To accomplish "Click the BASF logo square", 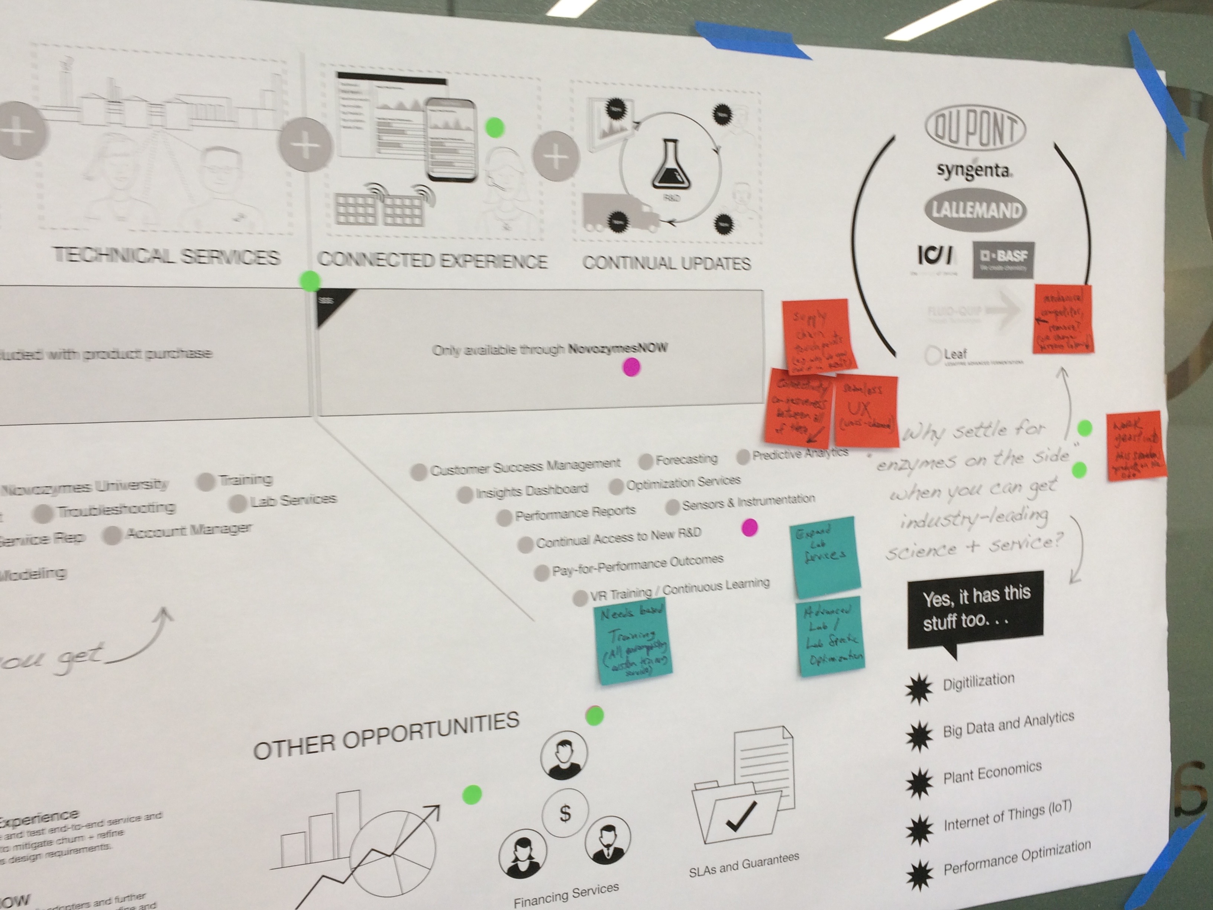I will click(1003, 259).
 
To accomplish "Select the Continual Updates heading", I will click(666, 263).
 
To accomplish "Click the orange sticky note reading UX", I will click(866, 410).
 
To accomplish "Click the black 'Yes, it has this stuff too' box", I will click(975, 609).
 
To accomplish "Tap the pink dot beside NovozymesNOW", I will click(631, 367).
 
